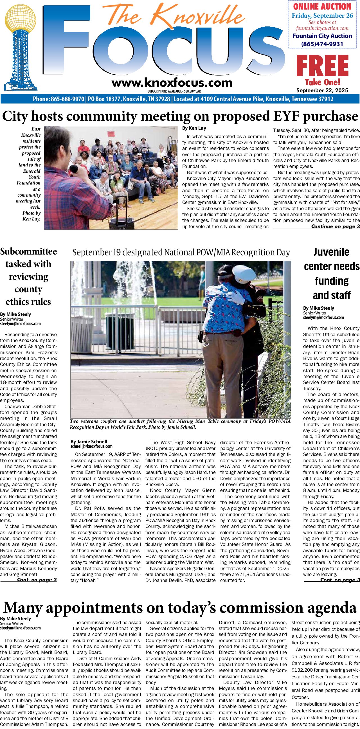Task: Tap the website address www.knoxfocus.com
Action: click(x=172, y=83)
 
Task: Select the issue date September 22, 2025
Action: click(x=322, y=91)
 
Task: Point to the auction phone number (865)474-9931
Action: click(x=322, y=44)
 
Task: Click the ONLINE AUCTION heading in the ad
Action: click(x=322, y=6)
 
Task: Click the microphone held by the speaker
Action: click(x=75, y=169)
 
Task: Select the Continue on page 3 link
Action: click(x=335, y=226)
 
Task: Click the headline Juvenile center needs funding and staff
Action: click(x=331, y=273)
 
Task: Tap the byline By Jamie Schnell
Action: click(x=89, y=441)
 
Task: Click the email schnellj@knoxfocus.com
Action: click(x=91, y=446)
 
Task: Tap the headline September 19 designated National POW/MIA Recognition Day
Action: click(x=181, y=252)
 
